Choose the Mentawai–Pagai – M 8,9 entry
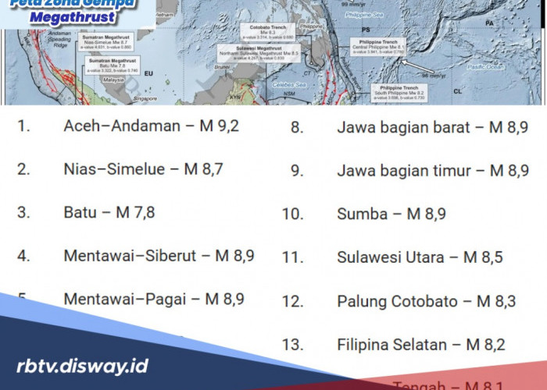click(154, 299)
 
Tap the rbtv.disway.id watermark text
click(82, 366)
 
